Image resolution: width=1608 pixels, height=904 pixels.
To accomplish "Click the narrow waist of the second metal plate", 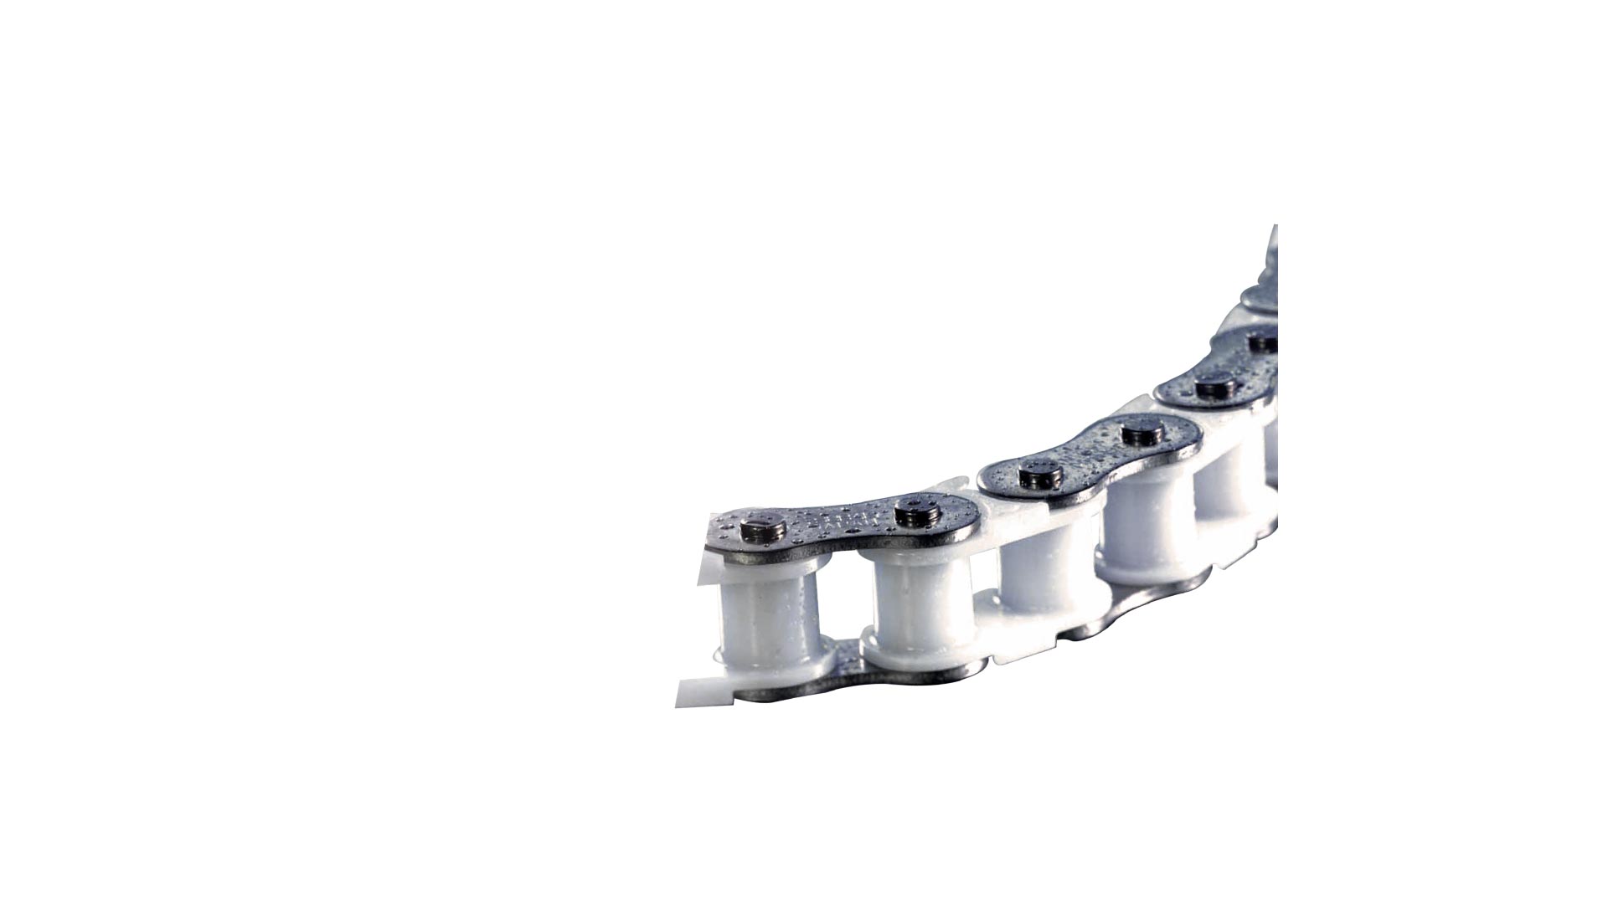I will click(x=1089, y=456).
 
